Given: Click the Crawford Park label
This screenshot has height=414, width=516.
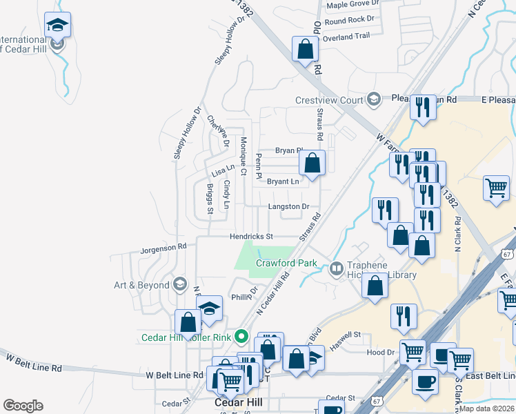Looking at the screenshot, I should click(x=286, y=263).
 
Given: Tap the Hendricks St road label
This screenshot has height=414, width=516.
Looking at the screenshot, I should click(x=252, y=237).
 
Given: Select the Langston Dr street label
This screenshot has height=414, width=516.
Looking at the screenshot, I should click(x=288, y=206).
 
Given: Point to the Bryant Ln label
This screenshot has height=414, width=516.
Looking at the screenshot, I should click(x=284, y=181).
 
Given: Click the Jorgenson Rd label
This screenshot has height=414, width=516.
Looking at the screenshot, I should click(x=163, y=246).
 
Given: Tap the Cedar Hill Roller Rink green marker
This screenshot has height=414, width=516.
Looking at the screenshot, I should click(x=241, y=337).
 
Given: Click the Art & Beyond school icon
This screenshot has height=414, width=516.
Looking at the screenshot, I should click(x=179, y=284).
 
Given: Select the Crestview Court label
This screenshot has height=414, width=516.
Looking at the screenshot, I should click(x=329, y=99).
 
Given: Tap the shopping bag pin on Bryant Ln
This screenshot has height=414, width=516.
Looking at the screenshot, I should click(x=312, y=164).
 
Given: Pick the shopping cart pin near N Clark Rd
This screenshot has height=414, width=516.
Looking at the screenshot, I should click(x=496, y=188).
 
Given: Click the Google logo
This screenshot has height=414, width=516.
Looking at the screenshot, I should click(x=22, y=406).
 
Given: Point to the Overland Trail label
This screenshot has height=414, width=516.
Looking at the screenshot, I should click(x=347, y=36).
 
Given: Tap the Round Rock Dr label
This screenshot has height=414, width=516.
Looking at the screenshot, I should click(x=349, y=21).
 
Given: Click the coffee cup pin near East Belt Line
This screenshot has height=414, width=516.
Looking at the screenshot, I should click(x=425, y=382).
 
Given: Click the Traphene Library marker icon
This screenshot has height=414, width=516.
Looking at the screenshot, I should click(x=337, y=268).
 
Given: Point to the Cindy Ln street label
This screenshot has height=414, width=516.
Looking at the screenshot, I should click(x=226, y=195).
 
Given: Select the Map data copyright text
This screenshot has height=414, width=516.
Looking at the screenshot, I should click(x=486, y=408).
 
